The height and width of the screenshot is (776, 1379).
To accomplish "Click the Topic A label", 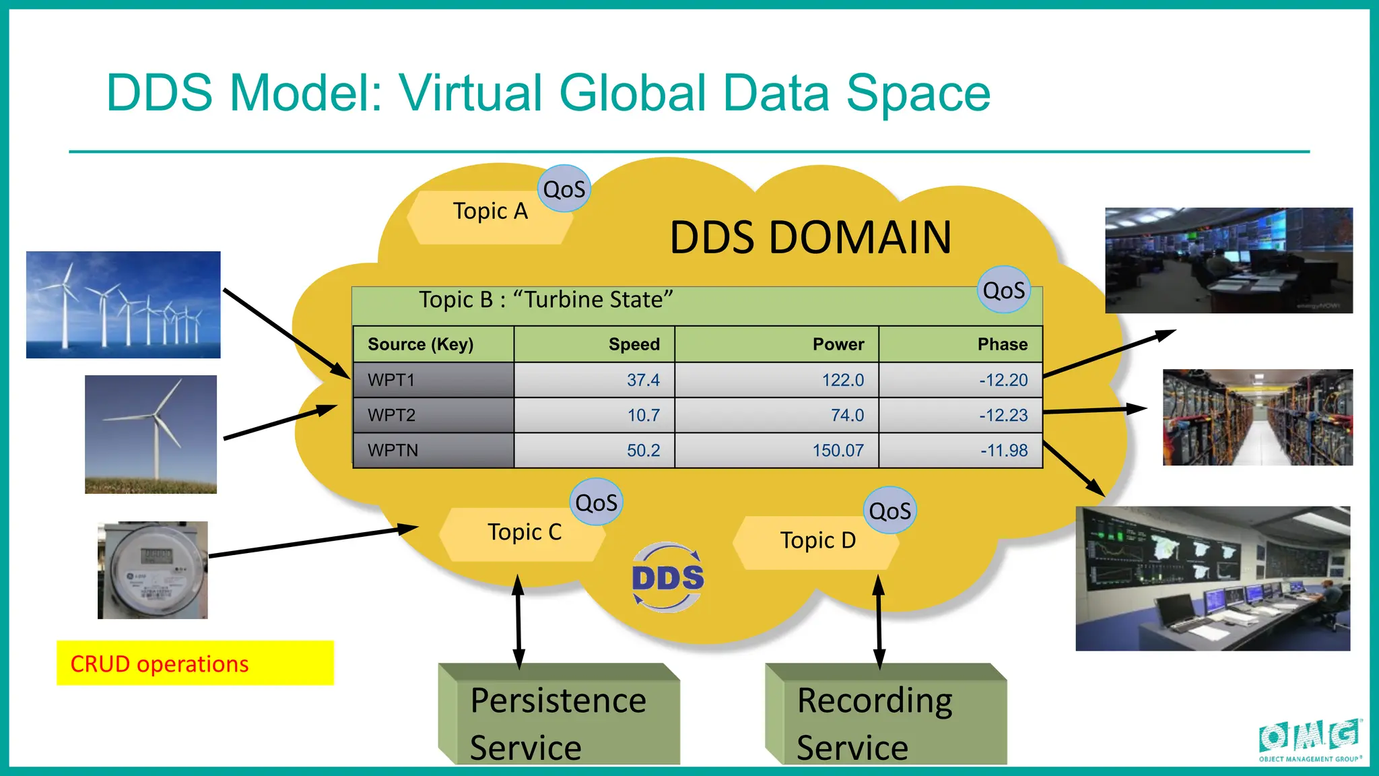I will pyautogui.click(x=490, y=212).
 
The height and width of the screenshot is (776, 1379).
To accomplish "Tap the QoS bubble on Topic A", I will pyautogui.click(x=564, y=189).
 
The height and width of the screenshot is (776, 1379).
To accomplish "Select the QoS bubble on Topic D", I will pyautogui.click(x=889, y=511).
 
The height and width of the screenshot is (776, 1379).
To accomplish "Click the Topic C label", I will pyautogui.click(x=524, y=533).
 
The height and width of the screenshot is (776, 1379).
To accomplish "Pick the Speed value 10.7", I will pyautogui.click(x=643, y=415).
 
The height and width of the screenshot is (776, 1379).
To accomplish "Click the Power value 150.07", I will pyautogui.click(x=838, y=450).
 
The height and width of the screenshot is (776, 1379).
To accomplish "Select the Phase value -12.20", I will pyautogui.click(x=1003, y=380).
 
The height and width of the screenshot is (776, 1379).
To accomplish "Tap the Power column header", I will pyautogui.click(x=838, y=344).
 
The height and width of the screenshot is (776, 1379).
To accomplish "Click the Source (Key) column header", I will pyautogui.click(x=421, y=344).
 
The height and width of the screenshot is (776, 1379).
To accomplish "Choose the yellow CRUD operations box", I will pyautogui.click(x=195, y=664).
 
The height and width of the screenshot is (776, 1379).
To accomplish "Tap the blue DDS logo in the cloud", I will pyautogui.click(x=667, y=578).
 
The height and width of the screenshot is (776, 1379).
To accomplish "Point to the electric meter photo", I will pyautogui.click(x=153, y=570).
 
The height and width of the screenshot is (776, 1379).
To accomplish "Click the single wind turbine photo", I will pyautogui.click(x=151, y=434).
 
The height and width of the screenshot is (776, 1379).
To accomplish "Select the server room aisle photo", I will pyautogui.click(x=1257, y=417).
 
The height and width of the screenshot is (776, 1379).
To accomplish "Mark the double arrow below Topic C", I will pyautogui.click(x=518, y=621).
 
